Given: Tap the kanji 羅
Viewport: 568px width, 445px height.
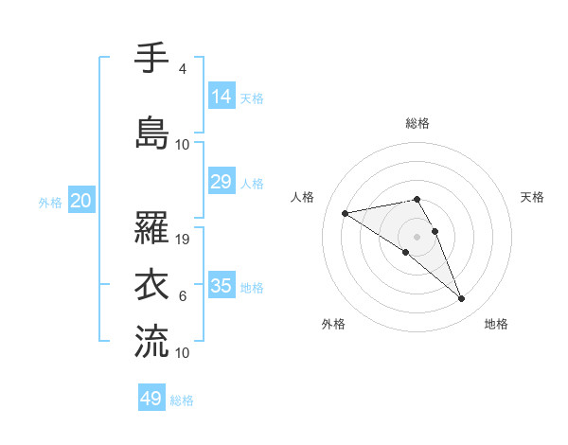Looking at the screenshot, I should click(151, 227).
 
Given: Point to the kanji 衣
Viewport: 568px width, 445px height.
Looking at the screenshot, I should click(151, 284).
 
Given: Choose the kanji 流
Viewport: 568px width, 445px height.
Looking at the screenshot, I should click(151, 341).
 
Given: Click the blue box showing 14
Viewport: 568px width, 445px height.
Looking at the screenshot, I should click(222, 96).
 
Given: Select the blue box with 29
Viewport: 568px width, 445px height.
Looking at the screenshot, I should click(222, 182).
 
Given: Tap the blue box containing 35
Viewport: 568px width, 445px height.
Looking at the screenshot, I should click(222, 286).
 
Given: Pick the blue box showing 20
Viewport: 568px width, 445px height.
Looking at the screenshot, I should click(80, 201).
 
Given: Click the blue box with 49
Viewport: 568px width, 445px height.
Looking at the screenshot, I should click(151, 399).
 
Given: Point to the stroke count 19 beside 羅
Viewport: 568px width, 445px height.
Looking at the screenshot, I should click(184, 240).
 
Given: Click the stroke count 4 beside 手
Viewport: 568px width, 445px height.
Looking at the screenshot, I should click(182, 69).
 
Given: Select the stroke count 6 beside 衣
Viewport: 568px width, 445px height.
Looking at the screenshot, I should click(182, 296).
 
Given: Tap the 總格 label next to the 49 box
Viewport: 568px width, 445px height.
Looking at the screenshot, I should click(182, 400).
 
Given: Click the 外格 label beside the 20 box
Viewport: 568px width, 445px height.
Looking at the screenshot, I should click(50, 202).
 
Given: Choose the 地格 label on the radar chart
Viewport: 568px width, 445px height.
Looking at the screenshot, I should click(496, 324).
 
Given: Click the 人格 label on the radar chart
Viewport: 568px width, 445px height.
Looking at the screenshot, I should click(303, 197).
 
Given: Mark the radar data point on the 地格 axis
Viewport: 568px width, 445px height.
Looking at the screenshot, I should click(462, 299).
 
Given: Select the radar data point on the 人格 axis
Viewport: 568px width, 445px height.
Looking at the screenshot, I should click(346, 213).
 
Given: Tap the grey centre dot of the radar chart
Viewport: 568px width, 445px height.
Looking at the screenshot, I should click(417, 236).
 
